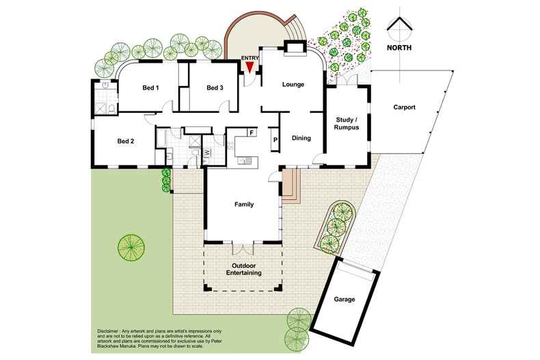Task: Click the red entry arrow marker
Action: [250, 67]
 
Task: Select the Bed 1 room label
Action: [150, 87]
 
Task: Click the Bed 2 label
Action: [125, 141]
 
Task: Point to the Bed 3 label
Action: [215, 87]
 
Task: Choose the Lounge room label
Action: [293, 85]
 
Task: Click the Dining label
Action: [301, 138]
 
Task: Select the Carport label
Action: [404, 107]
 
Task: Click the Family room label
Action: [244, 204]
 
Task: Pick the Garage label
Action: [345, 299]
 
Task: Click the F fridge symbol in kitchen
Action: [252, 132]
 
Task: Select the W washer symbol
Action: [206, 152]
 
